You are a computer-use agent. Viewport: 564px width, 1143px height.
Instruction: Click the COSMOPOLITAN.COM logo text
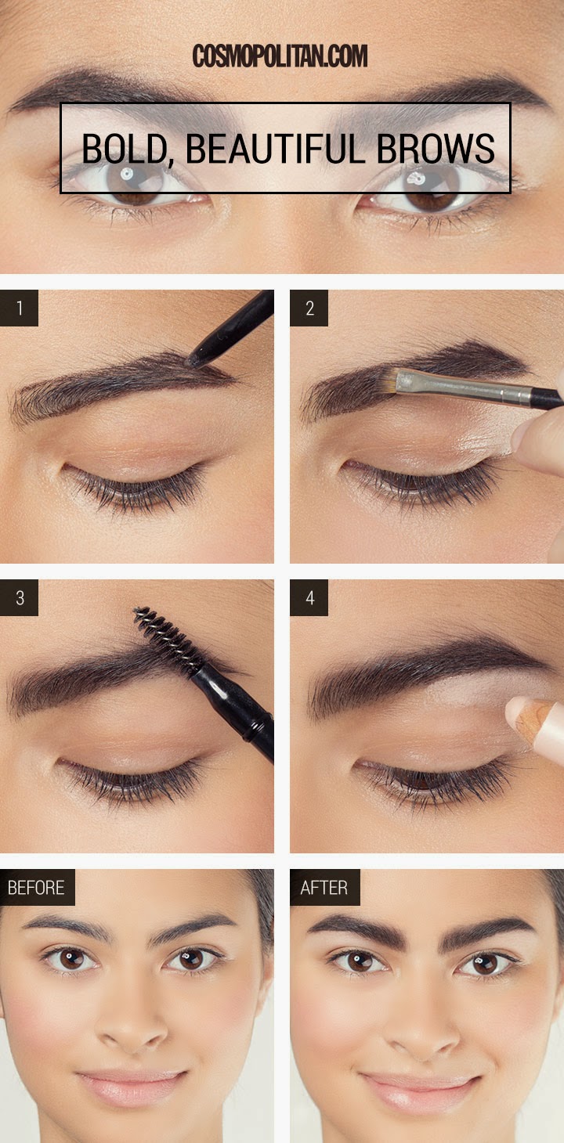coord(280,56)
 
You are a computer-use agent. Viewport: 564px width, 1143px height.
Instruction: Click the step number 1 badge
coord(20,308)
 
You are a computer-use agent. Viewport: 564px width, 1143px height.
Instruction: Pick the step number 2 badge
coord(309,308)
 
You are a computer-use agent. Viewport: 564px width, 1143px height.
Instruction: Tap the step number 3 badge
coord(20,598)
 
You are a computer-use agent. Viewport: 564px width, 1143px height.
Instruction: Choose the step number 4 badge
coord(309,598)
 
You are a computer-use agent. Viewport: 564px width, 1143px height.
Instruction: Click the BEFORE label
coord(37,888)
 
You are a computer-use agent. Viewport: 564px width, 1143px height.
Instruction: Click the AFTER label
coord(324,888)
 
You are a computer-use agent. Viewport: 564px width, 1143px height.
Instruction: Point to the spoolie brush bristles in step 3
coord(166,638)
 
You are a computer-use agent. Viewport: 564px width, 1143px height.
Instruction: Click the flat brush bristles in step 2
coord(408,380)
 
